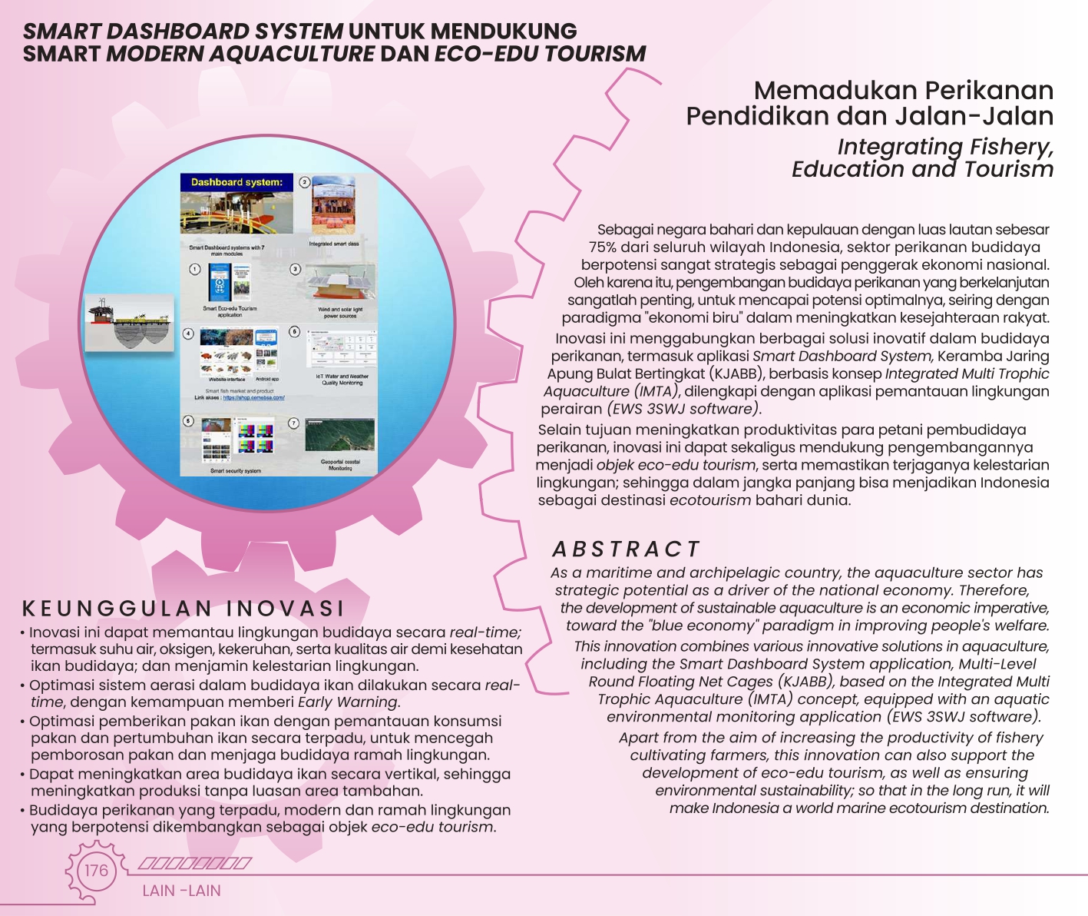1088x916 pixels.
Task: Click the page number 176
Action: click(96, 871)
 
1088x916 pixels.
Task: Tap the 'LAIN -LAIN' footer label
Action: click(181, 891)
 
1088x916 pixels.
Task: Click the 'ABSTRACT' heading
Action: click(626, 549)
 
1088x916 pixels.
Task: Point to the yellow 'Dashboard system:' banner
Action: click(236, 183)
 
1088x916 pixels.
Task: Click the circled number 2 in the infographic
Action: click(305, 182)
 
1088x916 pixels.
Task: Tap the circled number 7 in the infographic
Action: click(293, 423)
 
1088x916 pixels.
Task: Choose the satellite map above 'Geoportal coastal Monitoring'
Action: click(339, 436)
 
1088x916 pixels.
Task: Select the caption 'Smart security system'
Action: click(236, 471)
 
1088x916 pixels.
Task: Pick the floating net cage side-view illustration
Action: click(128, 324)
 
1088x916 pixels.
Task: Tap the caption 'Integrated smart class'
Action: click(334, 244)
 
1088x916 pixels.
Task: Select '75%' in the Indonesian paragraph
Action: click(603, 247)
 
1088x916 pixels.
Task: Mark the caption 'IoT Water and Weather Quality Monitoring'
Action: click(342, 380)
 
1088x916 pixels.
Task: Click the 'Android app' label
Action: click(267, 380)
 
